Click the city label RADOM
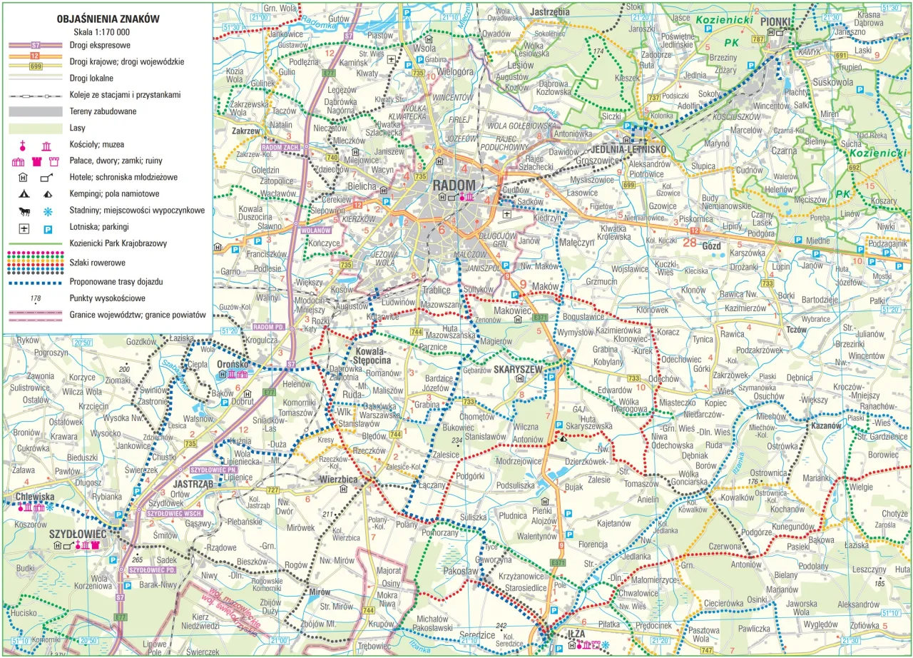(454, 186)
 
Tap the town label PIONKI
(777, 21)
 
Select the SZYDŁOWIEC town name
(77, 534)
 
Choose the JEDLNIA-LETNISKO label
(628, 149)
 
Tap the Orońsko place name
(233, 363)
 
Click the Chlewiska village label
(34, 497)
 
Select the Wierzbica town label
(338, 480)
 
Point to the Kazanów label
(826, 425)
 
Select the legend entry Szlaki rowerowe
(98, 263)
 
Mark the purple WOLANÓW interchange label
(313, 231)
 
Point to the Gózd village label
(712, 243)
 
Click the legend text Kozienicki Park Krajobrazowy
(118, 244)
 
